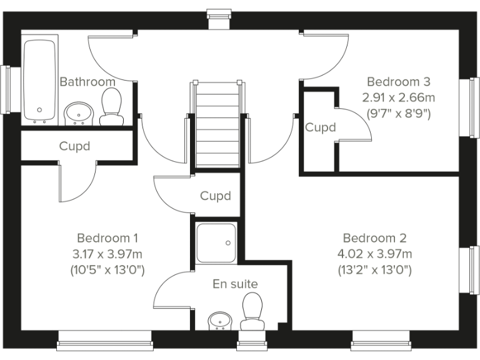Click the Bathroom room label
click(x=87, y=82)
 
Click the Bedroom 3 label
click(x=399, y=82)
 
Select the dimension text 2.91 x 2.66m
click(x=399, y=97)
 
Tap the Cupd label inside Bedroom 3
click(x=321, y=127)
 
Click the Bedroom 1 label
click(x=107, y=238)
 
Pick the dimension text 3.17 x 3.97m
click(x=107, y=254)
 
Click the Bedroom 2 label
click(x=375, y=238)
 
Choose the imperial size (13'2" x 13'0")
click(x=375, y=270)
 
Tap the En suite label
click(x=235, y=284)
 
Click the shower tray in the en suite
click(x=216, y=242)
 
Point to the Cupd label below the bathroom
click(x=74, y=147)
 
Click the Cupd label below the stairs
click(x=216, y=196)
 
